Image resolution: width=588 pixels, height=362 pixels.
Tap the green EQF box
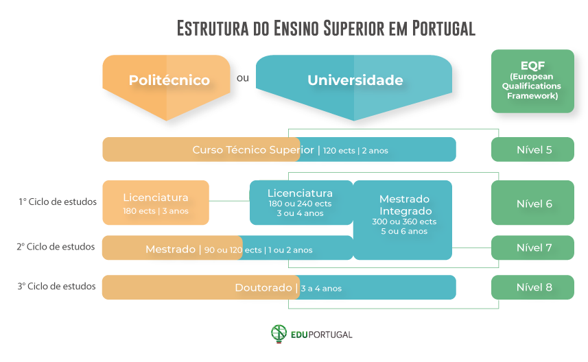[x=532, y=81]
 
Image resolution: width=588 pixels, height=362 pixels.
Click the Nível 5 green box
[x=532, y=149]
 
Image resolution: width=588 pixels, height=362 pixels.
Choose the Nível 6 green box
[x=532, y=204]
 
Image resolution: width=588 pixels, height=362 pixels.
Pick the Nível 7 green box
[x=532, y=248]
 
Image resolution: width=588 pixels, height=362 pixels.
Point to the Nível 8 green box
[x=532, y=287]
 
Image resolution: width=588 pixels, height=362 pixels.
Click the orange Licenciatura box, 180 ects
[x=155, y=203]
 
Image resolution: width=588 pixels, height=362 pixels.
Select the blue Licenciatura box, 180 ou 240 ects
[x=300, y=203]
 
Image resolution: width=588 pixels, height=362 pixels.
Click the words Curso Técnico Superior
[x=252, y=149]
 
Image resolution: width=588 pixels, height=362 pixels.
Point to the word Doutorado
[x=263, y=288]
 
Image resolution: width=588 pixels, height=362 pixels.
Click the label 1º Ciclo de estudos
[x=58, y=202]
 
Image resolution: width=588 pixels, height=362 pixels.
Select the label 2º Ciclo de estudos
[x=56, y=247]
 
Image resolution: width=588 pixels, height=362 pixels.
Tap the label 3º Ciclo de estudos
[x=56, y=287]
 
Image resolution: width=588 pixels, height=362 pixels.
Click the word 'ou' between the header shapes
[x=242, y=78]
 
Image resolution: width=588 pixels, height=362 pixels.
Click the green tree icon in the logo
[x=279, y=334]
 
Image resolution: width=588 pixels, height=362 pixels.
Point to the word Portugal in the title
[x=443, y=29]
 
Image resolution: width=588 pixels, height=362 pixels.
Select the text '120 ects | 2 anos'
[x=355, y=150]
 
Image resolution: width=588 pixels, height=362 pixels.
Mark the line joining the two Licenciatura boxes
[x=229, y=201]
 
